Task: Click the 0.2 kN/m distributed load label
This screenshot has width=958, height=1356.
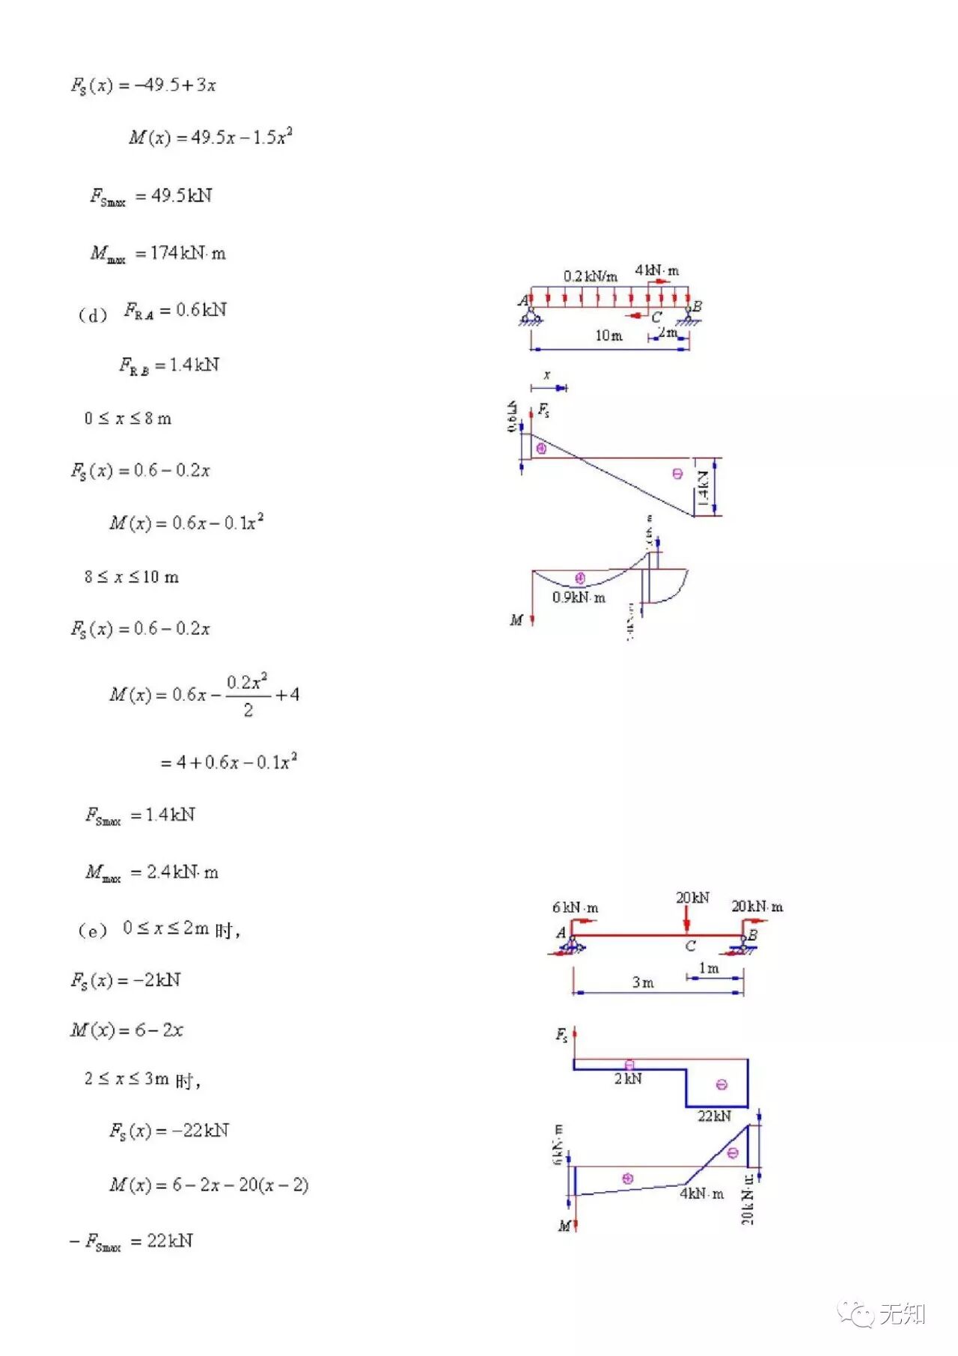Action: [x=590, y=276]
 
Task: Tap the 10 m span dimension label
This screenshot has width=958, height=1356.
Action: [x=608, y=335]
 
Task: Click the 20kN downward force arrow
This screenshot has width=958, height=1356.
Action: [x=687, y=919]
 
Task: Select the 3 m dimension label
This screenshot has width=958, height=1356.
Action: [x=642, y=982]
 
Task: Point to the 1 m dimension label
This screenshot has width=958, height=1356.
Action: [x=708, y=968]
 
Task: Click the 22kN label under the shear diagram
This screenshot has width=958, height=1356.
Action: [x=714, y=1116]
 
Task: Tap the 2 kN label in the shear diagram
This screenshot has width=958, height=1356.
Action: [x=627, y=1079]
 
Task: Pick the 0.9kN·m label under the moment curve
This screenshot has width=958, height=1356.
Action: [x=579, y=598]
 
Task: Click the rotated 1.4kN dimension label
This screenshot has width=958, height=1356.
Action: [x=703, y=487]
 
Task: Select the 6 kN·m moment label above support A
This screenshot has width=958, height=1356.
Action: [x=575, y=907]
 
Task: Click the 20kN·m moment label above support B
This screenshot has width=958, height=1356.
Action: [x=757, y=907]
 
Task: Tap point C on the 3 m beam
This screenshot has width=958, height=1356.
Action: [x=690, y=946]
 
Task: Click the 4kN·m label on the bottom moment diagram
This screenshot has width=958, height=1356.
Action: [x=701, y=1194]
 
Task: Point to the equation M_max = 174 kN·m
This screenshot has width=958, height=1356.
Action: [x=158, y=254]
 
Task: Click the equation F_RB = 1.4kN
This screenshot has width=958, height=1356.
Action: [x=169, y=365]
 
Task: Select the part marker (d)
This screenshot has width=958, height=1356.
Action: [x=93, y=315]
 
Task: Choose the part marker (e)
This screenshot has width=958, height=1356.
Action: [x=93, y=931]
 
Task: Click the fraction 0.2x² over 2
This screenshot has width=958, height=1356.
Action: [x=248, y=695]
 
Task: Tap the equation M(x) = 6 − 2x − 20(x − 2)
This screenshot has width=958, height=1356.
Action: [x=209, y=1185]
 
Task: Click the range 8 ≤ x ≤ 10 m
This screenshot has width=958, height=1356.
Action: [x=132, y=577]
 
